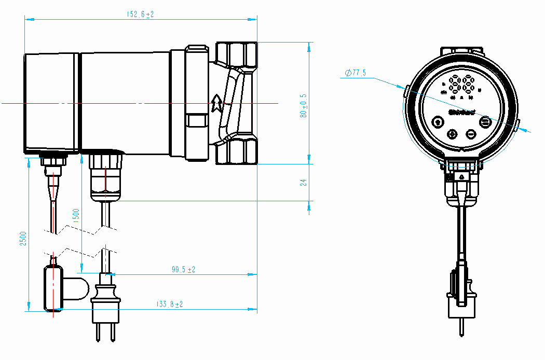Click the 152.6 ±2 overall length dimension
click(140, 14)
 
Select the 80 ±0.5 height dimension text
click(304, 106)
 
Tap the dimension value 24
click(304, 182)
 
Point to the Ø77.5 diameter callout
click(356, 73)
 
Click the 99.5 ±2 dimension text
click(183, 269)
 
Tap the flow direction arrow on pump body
click(217, 103)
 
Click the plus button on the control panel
click(452, 134)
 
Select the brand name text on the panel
click(462, 112)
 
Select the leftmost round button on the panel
click(438, 122)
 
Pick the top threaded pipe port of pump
click(236, 54)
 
